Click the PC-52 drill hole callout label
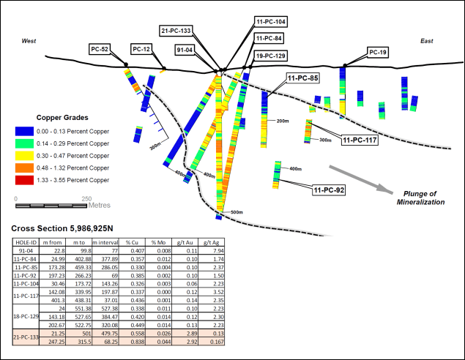pos(100,49)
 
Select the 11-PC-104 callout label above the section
pos(271,22)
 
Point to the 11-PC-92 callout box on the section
pos(329,190)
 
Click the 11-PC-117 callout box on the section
pos(360,140)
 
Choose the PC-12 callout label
pos(142,49)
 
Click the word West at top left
pos(29,41)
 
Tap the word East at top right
pos(426,41)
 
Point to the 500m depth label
pos(237,212)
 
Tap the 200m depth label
pos(282,121)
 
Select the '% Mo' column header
pos(158,241)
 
